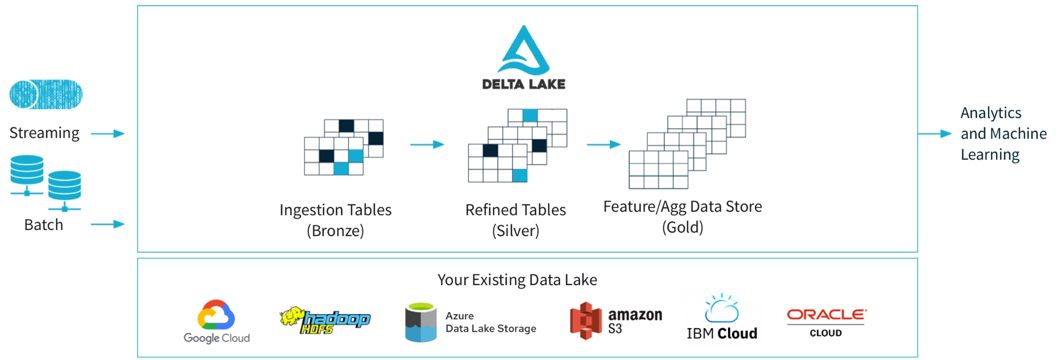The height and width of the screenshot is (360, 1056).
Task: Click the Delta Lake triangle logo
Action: (x=523, y=52)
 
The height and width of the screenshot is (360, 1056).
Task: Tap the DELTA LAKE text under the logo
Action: (x=523, y=84)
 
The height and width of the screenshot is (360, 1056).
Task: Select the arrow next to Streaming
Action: (x=108, y=134)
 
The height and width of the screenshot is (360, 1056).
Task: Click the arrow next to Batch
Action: (x=108, y=224)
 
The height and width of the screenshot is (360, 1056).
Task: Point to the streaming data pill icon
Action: (x=46, y=94)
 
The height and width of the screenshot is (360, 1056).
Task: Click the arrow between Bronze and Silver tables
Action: (x=427, y=144)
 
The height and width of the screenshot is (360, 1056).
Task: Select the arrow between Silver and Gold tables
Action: (x=603, y=144)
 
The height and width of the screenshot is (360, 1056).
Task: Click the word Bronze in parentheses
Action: (x=335, y=231)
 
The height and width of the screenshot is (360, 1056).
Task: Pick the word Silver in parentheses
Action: (x=516, y=231)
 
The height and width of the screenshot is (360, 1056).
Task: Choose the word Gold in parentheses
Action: (x=683, y=227)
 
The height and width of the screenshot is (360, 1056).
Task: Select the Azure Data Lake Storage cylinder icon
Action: (x=421, y=323)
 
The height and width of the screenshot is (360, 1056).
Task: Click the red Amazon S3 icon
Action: (x=585, y=320)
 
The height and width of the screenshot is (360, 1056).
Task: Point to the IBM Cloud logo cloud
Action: (x=721, y=309)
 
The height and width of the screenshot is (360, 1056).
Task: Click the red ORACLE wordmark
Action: (x=826, y=314)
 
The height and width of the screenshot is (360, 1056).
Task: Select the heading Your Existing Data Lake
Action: (x=517, y=280)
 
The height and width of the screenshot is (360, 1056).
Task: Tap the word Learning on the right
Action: (x=990, y=155)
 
